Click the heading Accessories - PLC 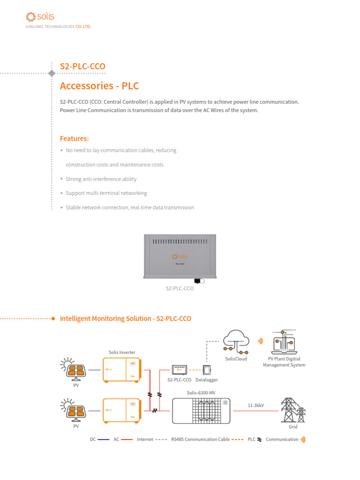tap(99, 86)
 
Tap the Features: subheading tap(74, 138)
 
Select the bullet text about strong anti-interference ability tap(101, 179)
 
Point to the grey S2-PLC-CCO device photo tap(180, 257)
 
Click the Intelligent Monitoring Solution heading tap(126, 318)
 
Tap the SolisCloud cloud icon tap(235, 341)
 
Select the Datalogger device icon tap(207, 369)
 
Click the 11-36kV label tap(256, 405)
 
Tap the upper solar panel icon tap(75, 369)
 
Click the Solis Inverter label tap(122, 352)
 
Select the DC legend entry tap(93, 439)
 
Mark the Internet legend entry tap(145, 439)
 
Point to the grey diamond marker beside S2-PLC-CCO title tap(51, 73)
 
